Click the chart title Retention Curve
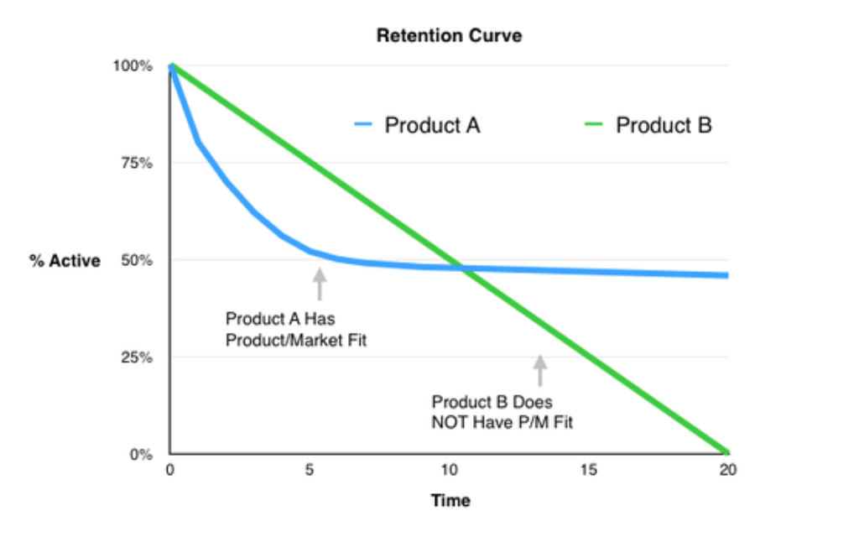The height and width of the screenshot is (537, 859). [449, 36]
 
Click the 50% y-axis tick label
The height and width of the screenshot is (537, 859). [136, 260]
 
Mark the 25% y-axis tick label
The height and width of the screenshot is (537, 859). [136, 357]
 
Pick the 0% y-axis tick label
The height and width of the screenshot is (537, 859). [139, 455]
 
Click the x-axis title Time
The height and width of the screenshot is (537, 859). [450, 501]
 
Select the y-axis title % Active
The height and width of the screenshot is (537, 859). [65, 261]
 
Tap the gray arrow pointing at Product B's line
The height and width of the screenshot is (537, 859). [540, 370]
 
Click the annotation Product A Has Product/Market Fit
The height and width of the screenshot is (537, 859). [296, 330]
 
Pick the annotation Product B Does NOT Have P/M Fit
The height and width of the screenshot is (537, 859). [502, 412]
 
